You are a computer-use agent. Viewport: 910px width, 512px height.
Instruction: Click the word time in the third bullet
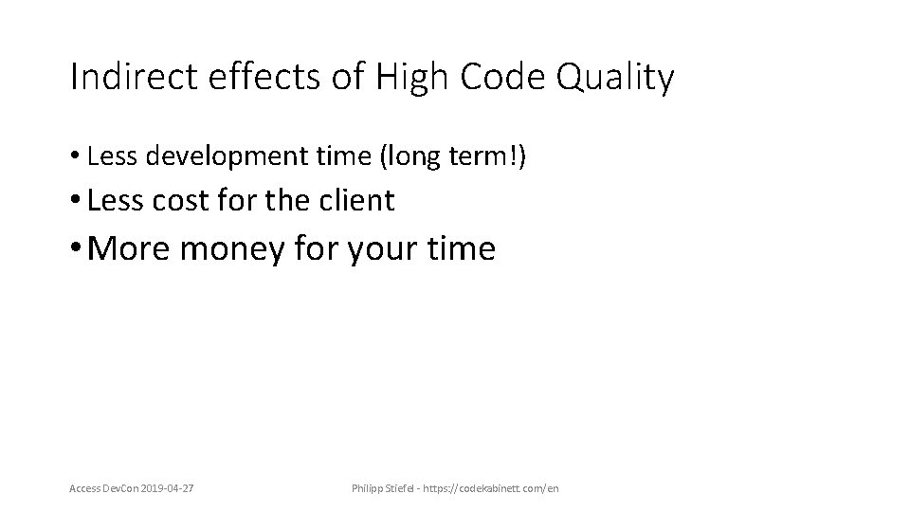(x=465, y=248)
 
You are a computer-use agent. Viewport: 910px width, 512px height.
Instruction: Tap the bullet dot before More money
(x=76, y=249)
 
